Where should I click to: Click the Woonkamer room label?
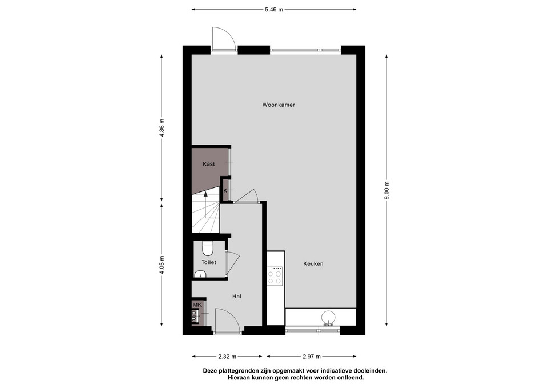point(279,105)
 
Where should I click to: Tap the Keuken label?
point(313,263)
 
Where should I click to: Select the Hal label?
point(236,297)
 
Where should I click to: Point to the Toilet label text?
point(209,262)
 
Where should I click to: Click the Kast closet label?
point(209,164)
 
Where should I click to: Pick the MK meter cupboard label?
point(197,305)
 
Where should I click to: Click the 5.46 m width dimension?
point(273,10)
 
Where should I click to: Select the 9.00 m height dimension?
point(386,191)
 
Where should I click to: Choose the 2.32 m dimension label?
point(227,357)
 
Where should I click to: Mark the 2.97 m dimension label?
point(312,357)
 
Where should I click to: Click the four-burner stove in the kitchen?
point(275,276)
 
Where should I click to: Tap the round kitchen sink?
point(329,318)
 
